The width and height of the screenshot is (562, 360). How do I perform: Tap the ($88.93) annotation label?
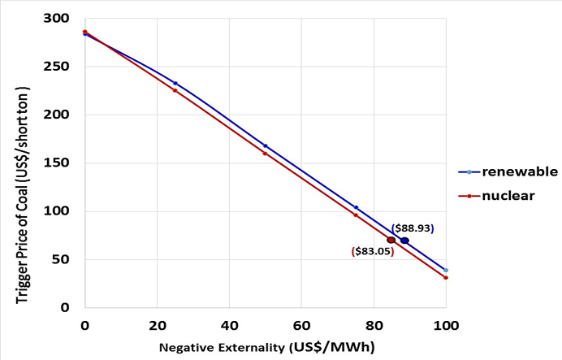[x=413, y=229]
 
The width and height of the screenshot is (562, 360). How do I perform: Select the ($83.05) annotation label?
[x=373, y=252]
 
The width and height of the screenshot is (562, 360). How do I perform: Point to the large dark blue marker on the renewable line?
[x=404, y=241]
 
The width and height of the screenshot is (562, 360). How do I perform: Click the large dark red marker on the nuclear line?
[x=391, y=241]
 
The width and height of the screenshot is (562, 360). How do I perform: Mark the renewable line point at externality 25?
[x=175, y=83]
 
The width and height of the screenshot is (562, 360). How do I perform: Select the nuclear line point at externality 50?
[x=265, y=153]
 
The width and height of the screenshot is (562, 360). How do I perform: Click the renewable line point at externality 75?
[x=356, y=207]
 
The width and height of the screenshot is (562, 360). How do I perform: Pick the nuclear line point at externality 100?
[x=446, y=278]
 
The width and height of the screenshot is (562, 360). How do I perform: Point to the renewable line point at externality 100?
[x=446, y=270]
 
